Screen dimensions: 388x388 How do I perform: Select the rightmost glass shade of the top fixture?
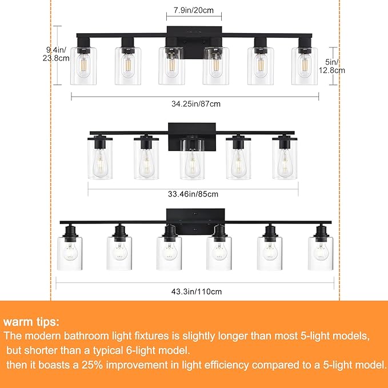click(304, 66)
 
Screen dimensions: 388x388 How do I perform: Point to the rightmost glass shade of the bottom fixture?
click(321, 253)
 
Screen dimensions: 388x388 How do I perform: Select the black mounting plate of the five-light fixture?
click(192, 136)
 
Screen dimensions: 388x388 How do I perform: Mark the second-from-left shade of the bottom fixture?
click(119, 253)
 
